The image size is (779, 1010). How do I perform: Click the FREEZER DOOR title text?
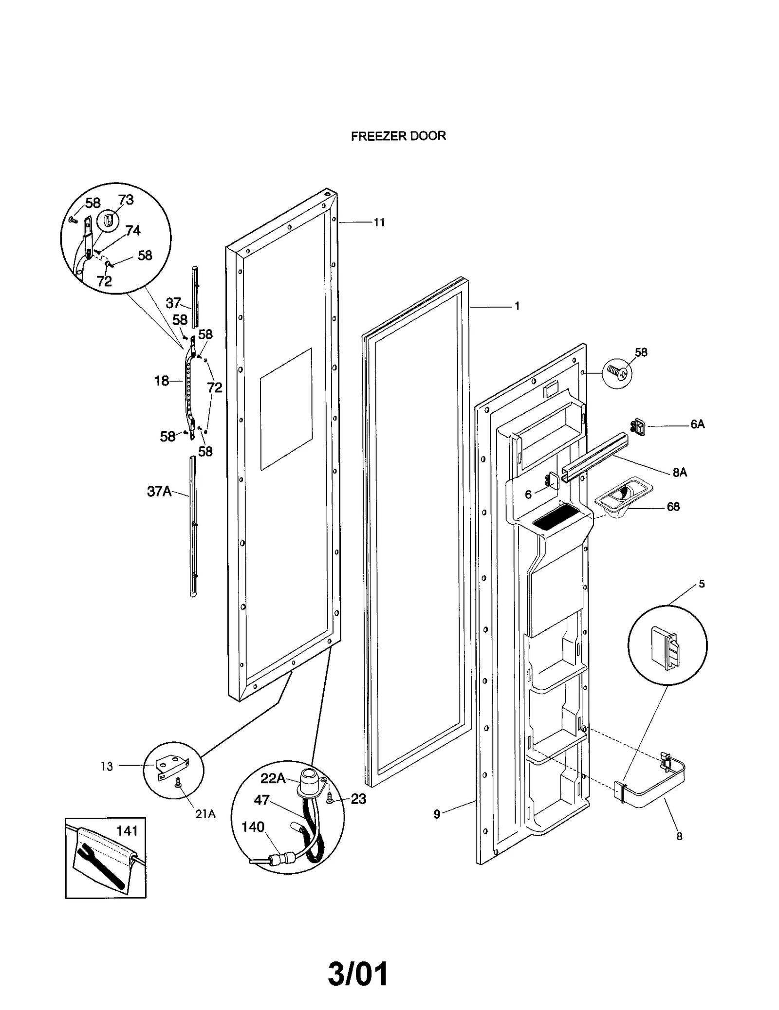(398, 136)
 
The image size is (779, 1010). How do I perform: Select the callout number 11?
(379, 222)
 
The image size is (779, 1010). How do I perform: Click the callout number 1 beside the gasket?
(517, 306)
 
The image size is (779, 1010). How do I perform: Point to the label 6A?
(697, 424)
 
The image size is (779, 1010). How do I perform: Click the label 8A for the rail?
(680, 472)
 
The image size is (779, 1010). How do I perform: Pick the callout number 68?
(673, 507)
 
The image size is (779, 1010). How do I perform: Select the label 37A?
(159, 492)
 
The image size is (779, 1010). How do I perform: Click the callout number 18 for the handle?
(162, 381)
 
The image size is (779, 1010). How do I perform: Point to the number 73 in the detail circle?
(126, 200)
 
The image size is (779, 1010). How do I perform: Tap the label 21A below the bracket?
(205, 814)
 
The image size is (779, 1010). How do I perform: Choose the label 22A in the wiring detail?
(273, 778)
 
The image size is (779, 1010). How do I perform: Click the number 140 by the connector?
(253, 827)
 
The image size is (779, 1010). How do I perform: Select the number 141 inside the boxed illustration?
(127, 830)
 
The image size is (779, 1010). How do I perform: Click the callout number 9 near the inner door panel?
(437, 814)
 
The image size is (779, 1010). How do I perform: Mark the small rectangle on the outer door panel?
(286, 409)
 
